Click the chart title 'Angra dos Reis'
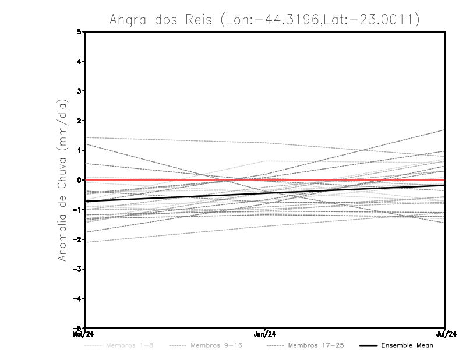[165, 20]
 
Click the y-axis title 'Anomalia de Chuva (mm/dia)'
[62, 179]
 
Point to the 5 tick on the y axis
[80, 31]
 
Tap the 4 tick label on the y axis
[80, 61]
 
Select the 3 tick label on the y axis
[80, 91]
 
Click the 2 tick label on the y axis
[80, 121]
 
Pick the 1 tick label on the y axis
[80, 150]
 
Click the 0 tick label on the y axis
[80, 180]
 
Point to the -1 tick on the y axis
[78, 210]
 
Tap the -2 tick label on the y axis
[78, 239]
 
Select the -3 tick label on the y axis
[78, 269]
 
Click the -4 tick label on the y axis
[78, 299]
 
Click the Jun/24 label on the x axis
[265, 334]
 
